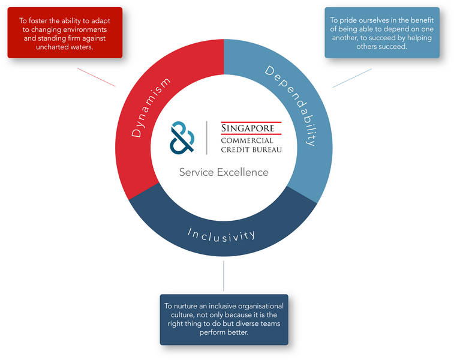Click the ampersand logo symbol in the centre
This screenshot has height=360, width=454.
pos(182,137)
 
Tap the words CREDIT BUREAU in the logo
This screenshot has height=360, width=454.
pos(251,149)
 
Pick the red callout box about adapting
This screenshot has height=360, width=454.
pos(65,32)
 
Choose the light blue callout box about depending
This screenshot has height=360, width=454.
pos(382,32)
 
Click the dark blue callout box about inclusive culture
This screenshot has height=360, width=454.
pos(224,319)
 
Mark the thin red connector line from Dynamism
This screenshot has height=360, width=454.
pos(96,77)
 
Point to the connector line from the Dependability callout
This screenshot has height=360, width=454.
pos(352,78)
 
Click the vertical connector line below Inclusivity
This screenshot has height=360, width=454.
pos(224,277)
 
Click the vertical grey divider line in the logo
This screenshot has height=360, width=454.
pos(207,137)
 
